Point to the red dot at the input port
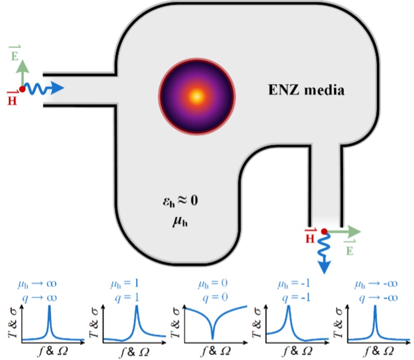[22, 89]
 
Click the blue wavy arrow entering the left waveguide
[44, 89]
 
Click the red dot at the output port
[324, 232]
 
